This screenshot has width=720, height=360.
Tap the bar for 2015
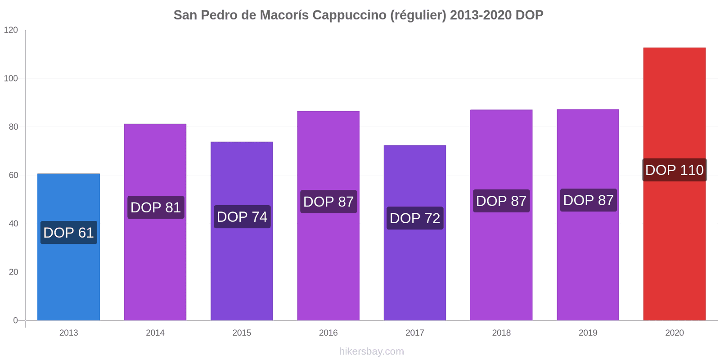[242, 270]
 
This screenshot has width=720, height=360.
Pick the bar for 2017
[414, 270]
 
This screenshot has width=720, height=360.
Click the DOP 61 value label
[68, 233]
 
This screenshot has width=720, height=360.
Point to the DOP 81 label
[156, 207]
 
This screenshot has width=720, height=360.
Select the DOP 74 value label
[242, 217]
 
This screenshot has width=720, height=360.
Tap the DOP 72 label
[415, 218]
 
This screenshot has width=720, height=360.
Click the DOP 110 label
[674, 170]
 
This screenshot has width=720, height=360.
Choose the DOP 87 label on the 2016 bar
[328, 202]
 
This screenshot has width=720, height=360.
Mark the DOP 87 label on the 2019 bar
[588, 200]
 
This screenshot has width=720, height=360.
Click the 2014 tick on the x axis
[155, 333]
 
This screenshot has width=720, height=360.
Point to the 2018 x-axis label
[501, 333]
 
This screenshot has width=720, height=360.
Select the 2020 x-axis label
[674, 333]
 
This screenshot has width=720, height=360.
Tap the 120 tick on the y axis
[11, 30]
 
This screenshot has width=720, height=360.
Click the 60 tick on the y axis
[13, 175]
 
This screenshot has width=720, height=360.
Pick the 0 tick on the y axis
[16, 320]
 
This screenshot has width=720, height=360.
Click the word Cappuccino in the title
[349, 15]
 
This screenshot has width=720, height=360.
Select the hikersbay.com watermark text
[371, 351]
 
